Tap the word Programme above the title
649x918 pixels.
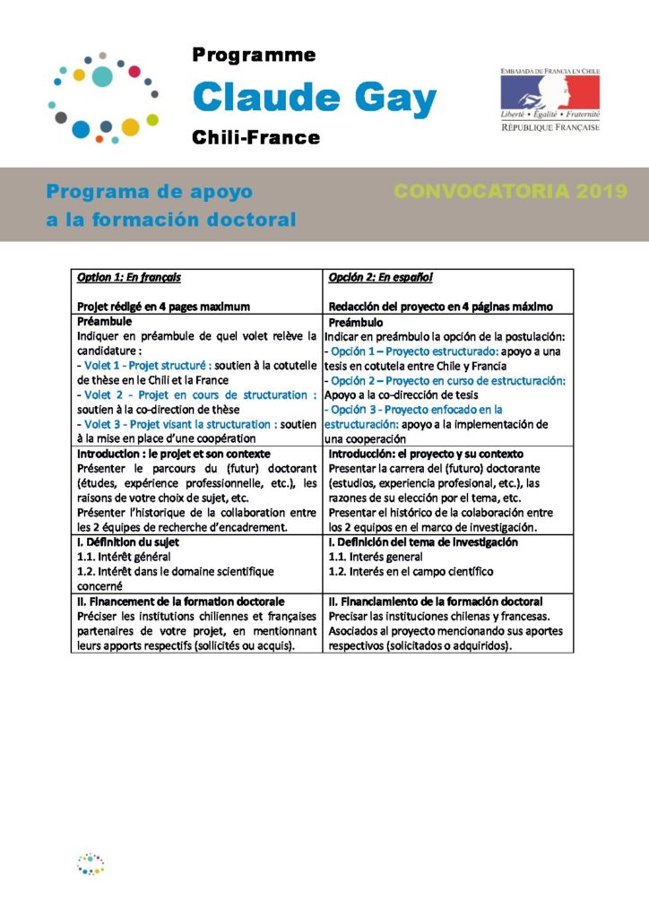point(254,56)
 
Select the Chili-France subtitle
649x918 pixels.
point(255,137)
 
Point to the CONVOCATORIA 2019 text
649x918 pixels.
point(510,192)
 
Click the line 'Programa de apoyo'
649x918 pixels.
point(150,192)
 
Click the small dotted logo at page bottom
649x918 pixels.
point(91,863)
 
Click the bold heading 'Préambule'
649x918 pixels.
point(106,320)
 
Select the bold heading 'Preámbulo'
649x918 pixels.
point(356,322)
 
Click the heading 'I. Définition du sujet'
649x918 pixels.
point(128,541)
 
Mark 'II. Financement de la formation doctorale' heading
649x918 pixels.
point(181,601)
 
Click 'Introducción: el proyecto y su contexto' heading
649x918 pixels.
point(426,454)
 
